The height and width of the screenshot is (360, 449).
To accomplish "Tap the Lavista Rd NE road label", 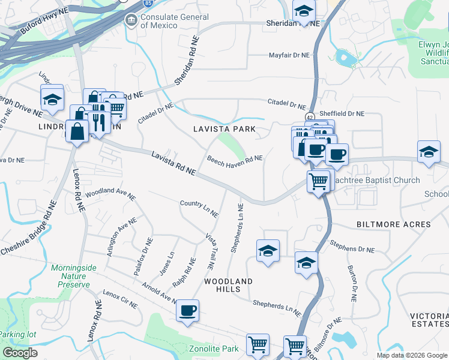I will click(173, 163).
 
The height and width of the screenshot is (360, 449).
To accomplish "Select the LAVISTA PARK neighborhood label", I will click(224, 129).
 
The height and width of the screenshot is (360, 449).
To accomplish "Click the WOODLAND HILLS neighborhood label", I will click(228, 285).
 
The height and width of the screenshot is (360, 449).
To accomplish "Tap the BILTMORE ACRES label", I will click(394, 224).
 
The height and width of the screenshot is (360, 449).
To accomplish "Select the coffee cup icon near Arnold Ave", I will click(187, 311).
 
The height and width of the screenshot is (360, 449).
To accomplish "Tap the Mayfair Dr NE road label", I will click(288, 55).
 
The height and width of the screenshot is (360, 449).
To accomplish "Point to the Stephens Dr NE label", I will click(352, 246).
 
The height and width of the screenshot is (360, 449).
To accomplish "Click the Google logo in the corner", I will click(20, 353).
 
